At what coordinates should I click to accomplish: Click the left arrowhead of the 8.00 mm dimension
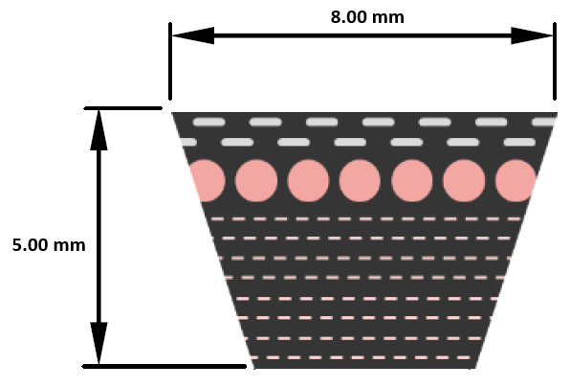point(192,35)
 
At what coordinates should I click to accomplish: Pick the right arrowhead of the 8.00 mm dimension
point(532,35)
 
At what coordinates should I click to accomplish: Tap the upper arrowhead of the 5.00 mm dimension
point(99,130)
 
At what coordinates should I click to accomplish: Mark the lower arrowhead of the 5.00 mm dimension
point(99,343)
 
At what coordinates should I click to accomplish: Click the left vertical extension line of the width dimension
point(170,61)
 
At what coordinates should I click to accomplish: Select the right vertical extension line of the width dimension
point(555,61)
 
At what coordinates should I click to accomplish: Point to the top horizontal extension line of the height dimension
point(122,108)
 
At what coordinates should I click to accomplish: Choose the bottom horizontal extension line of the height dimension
point(164,366)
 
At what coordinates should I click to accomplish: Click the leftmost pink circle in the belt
point(207,181)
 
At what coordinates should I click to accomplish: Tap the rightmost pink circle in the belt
point(515,181)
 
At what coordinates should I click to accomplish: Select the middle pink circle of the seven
point(360,181)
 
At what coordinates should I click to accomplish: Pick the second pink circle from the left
point(256,181)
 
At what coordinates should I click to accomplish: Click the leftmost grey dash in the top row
point(209,122)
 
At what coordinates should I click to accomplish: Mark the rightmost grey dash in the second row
point(520,142)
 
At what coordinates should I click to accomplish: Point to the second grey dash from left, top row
point(265,122)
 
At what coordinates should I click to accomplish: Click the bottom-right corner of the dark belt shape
point(475,368)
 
